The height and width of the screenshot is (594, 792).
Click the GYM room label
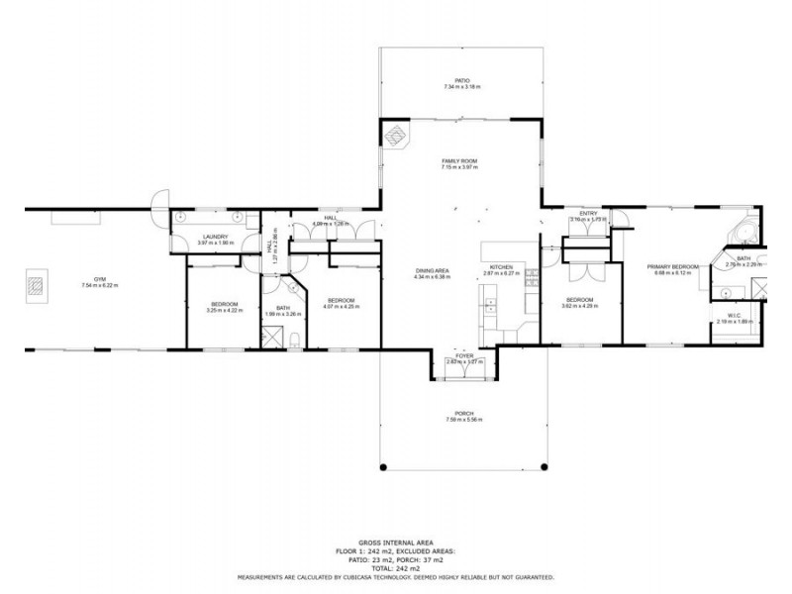coord(100,279)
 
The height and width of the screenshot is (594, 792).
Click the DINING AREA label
coord(432,271)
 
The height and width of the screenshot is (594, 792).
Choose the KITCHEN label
coord(500,267)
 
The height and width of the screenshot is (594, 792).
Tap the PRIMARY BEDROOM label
coord(673,266)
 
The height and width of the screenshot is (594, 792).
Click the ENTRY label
coord(588,214)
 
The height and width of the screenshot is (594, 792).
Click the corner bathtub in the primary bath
coord(744,234)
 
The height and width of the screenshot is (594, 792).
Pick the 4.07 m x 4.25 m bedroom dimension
coord(341,307)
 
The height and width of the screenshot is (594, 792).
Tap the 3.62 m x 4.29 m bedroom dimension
coord(579,306)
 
